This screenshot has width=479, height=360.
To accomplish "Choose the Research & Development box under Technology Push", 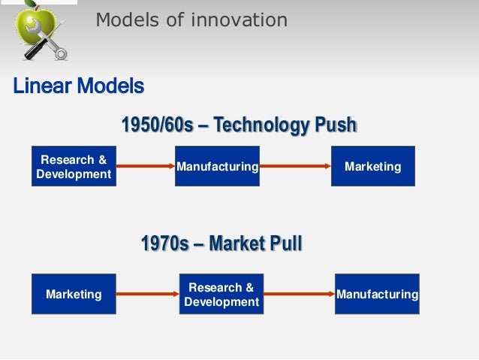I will tap(74, 166).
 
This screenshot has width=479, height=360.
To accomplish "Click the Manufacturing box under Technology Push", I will tap(217, 166).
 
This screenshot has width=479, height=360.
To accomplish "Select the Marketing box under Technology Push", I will tap(372, 166).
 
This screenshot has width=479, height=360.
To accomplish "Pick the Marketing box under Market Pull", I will tap(74, 294).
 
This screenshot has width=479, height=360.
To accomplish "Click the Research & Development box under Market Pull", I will tap(221, 294).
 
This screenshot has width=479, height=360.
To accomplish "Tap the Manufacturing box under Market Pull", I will tap(377, 294).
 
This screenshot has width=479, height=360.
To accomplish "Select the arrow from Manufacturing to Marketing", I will tap(295, 166).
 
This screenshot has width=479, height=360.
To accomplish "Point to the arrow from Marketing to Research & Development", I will tap(147, 294).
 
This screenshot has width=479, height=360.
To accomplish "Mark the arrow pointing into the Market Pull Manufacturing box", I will tap(299, 294).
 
